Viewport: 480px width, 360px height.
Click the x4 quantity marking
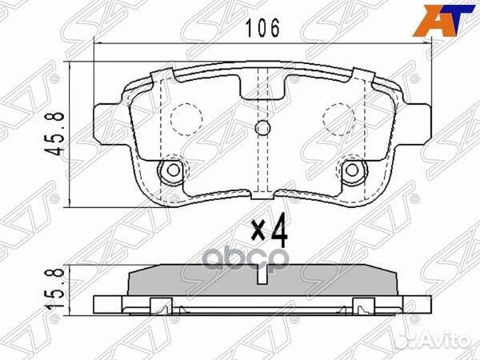point(269,232)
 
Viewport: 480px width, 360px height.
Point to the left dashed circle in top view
point(186,121)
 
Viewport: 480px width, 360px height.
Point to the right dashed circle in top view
point(337,121)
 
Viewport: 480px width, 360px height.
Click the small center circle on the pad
point(262,130)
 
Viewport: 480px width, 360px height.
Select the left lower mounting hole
point(170,170)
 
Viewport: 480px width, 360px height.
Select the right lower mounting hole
point(353,170)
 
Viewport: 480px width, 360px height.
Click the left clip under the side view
point(162,304)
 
